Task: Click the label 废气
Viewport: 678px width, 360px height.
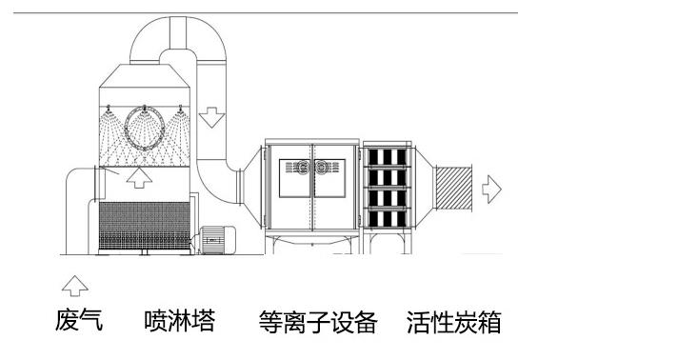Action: click(x=78, y=321)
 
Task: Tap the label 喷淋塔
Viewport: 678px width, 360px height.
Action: click(x=179, y=321)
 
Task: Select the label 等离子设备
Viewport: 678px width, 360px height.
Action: click(x=318, y=322)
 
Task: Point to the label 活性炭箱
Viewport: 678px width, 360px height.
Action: click(x=453, y=322)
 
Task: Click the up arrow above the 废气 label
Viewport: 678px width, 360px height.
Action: click(x=73, y=284)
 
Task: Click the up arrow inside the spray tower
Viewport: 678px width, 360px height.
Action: click(x=139, y=178)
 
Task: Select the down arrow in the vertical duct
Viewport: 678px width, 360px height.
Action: click(x=211, y=117)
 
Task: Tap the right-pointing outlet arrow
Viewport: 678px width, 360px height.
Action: click(x=491, y=189)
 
